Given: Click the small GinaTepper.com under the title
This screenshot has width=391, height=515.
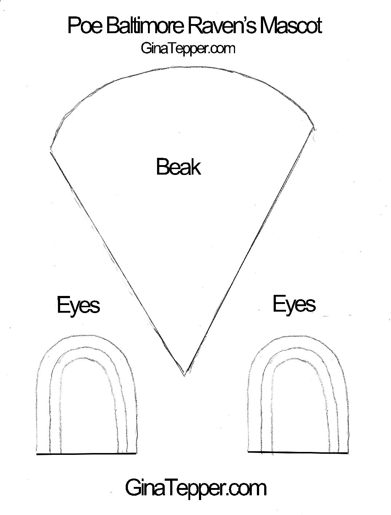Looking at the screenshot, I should coord(188,48).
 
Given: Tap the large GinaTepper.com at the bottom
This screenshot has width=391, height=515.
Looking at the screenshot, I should coord(196,488).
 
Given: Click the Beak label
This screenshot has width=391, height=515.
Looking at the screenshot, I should coord(178,167).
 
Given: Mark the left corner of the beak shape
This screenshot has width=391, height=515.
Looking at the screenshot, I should coord(50,149).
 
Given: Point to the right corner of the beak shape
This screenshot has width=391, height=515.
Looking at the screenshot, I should coord(314,128).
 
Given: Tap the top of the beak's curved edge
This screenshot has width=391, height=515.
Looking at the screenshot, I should coord(171,67).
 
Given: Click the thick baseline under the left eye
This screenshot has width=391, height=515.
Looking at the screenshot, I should coord(86,454).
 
